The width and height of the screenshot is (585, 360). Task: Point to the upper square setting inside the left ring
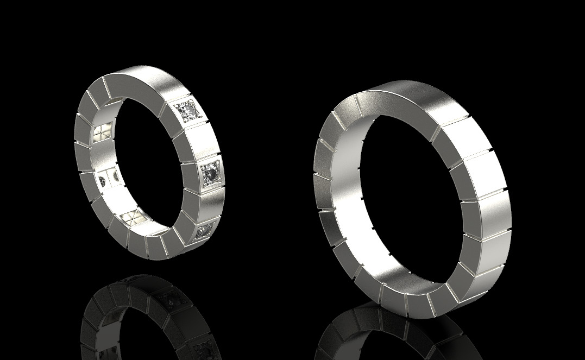pyautogui.click(x=103, y=133)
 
